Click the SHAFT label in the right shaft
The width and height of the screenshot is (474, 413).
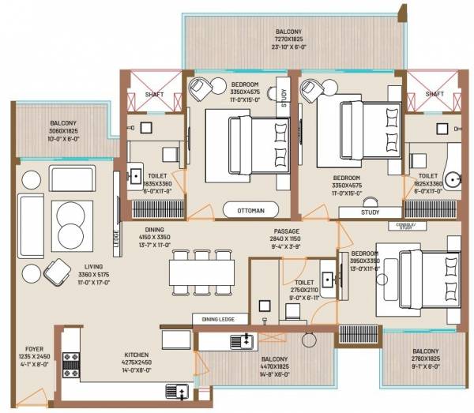tap(434, 93)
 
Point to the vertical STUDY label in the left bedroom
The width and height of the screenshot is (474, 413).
tap(283, 96)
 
